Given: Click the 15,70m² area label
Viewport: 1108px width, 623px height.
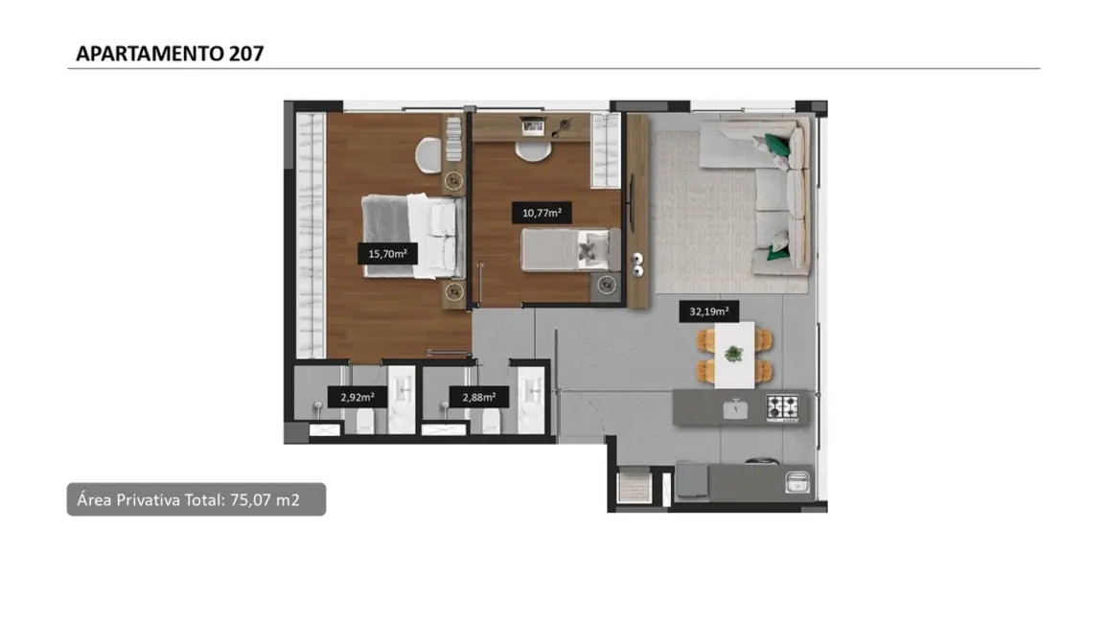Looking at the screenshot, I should pyautogui.click(x=387, y=254).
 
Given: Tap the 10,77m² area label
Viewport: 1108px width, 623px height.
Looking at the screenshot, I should pyautogui.click(x=542, y=214).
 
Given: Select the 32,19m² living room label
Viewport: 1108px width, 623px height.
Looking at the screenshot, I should pyautogui.click(x=708, y=311).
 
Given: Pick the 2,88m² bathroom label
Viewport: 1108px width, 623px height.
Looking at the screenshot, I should pyautogui.click(x=478, y=397).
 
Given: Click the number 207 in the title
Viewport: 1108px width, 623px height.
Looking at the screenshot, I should pyautogui.click(x=246, y=54).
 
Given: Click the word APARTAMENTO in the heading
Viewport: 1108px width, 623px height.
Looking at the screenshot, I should pyautogui.click(x=150, y=54).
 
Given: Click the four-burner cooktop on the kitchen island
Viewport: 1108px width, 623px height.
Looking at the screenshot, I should pyautogui.click(x=781, y=407).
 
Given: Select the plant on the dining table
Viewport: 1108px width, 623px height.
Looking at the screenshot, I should pyautogui.click(x=733, y=354).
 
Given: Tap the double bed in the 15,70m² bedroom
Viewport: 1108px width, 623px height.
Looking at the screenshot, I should pyautogui.click(x=412, y=235).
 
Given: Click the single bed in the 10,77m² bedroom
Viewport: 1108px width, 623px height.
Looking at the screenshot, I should pyautogui.click(x=566, y=250).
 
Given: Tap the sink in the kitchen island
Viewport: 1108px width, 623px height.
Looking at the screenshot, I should pyautogui.click(x=735, y=408).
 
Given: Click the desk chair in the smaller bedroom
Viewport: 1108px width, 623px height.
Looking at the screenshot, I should pyautogui.click(x=529, y=150).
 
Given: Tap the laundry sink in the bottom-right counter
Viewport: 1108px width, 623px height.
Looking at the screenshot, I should pyautogui.click(x=795, y=481).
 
